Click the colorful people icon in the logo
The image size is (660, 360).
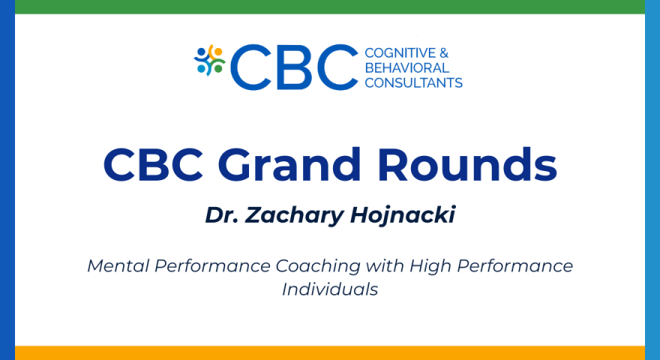[209, 61]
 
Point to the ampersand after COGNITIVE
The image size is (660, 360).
[443, 53]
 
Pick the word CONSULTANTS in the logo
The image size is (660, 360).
[413, 83]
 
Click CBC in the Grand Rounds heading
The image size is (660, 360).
[154, 165]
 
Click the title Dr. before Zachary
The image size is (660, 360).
[220, 214]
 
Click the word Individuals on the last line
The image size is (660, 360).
[330, 289]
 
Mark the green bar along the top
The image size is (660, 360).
[330, 7]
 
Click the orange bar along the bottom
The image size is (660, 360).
[330, 352]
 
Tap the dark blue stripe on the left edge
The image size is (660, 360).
[7, 180]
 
